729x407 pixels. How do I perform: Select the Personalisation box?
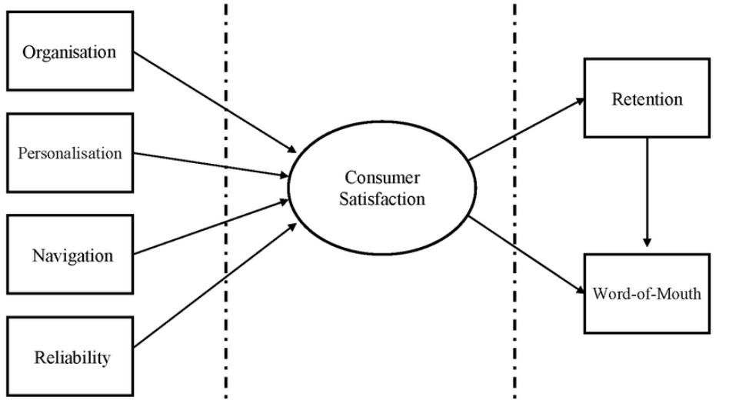(70, 153)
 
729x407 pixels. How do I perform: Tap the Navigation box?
(73, 254)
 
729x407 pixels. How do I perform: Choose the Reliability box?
(72, 356)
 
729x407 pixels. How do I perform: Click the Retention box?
(647, 99)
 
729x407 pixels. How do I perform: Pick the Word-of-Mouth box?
(647, 293)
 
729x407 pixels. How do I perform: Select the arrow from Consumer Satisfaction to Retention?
(527, 132)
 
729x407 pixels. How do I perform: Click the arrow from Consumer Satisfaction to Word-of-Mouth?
(527, 254)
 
